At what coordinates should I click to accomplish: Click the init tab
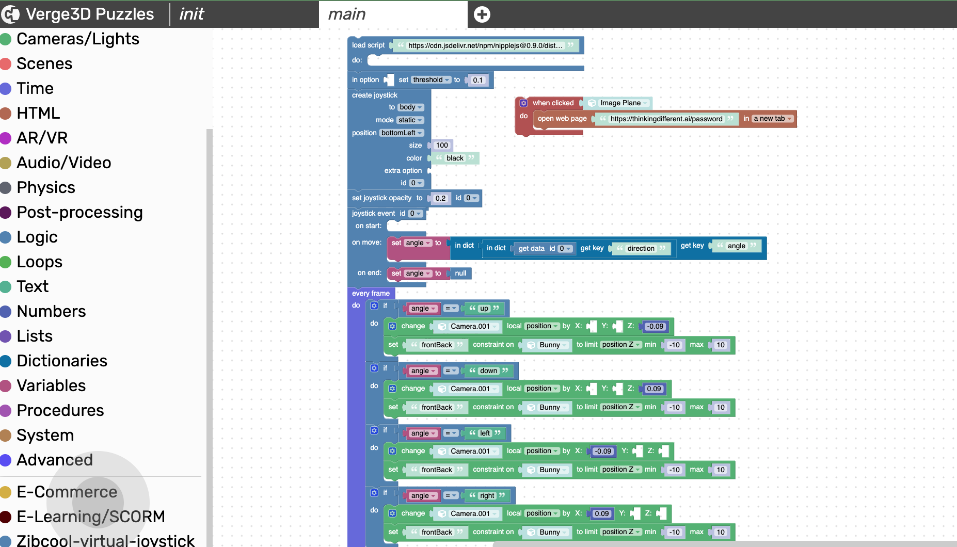point(192,14)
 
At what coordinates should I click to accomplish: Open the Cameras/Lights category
point(77,39)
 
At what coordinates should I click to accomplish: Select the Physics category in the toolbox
point(45,187)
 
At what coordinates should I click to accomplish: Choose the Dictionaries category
point(61,361)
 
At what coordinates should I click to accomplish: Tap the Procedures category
point(60,410)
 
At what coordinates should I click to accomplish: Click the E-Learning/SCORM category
point(90,517)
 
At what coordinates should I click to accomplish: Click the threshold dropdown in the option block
point(431,80)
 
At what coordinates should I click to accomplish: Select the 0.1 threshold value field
point(478,80)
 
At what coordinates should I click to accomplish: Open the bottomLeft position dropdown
point(402,133)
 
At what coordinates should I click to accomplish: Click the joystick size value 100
point(442,145)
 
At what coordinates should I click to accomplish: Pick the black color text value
point(455,158)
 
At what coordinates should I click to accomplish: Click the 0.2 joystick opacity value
point(440,198)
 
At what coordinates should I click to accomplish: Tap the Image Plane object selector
point(620,103)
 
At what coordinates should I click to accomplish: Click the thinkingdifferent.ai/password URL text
point(666,119)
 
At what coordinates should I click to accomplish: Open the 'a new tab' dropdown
point(773,119)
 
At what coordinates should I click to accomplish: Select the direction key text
point(641,248)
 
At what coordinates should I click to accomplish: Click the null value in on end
point(460,273)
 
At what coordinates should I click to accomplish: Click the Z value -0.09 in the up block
point(656,326)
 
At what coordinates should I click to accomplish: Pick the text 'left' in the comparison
point(485,433)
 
